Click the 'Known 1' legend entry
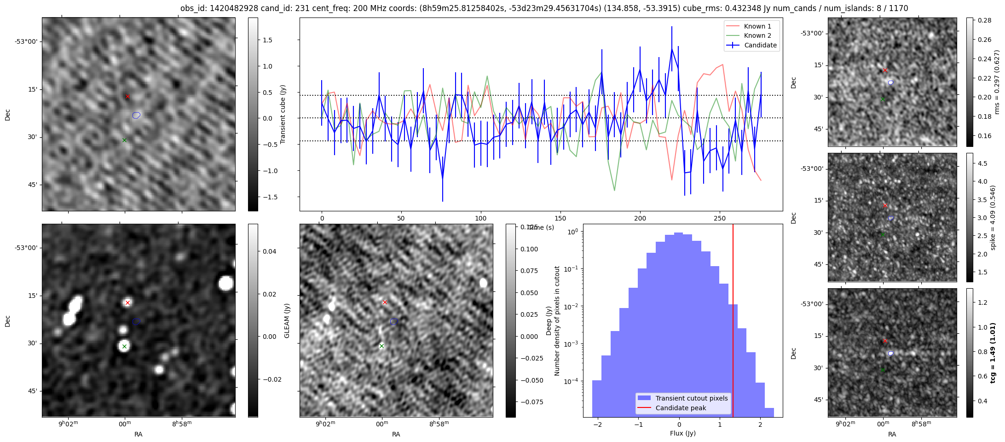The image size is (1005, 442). pyautogui.click(x=757, y=26)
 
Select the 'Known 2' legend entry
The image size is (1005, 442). pyautogui.click(x=757, y=35)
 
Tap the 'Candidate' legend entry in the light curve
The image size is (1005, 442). pyautogui.click(x=760, y=45)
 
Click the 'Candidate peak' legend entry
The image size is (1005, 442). pyautogui.click(x=681, y=408)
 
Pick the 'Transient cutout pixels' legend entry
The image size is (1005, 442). pyautogui.click(x=691, y=398)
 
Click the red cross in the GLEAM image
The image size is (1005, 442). pyautogui.click(x=127, y=302)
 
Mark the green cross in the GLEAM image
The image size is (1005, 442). pyautogui.click(x=124, y=346)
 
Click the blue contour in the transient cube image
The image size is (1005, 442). pyautogui.click(x=136, y=115)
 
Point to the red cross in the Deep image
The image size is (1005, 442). pyautogui.click(x=385, y=302)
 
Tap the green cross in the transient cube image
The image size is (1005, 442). pyautogui.click(x=124, y=140)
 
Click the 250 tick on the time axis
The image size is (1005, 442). pyautogui.click(x=719, y=218)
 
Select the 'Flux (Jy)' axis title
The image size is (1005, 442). pyautogui.click(x=682, y=433)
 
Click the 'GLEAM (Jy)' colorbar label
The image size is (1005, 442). pyautogui.click(x=287, y=320)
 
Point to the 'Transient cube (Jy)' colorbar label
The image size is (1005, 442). pyautogui.click(x=283, y=114)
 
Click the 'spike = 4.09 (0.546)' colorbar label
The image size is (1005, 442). pyautogui.click(x=993, y=217)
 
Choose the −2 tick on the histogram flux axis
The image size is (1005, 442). pyautogui.click(x=597, y=424)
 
